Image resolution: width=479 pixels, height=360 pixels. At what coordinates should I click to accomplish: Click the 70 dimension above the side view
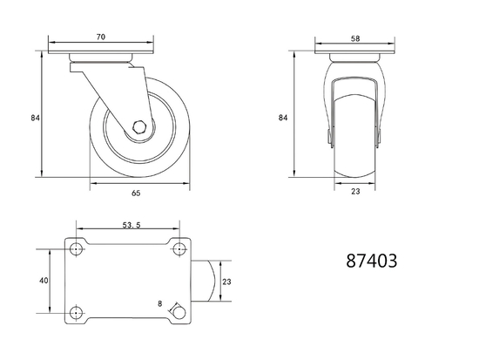[102, 37]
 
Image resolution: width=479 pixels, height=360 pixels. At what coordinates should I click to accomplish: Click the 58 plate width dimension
[354, 37]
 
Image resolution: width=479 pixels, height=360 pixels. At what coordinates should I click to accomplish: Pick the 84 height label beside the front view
[283, 116]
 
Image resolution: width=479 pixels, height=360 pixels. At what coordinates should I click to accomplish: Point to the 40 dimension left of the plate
[43, 282]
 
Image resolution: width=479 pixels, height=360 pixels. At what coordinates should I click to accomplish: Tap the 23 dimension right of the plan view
[226, 282]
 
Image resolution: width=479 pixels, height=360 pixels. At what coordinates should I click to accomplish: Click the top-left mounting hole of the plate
[77, 248]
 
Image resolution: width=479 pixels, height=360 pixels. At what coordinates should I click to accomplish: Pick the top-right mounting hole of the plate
[179, 248]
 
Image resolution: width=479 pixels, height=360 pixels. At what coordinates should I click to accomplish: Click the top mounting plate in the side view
[102, 58]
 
